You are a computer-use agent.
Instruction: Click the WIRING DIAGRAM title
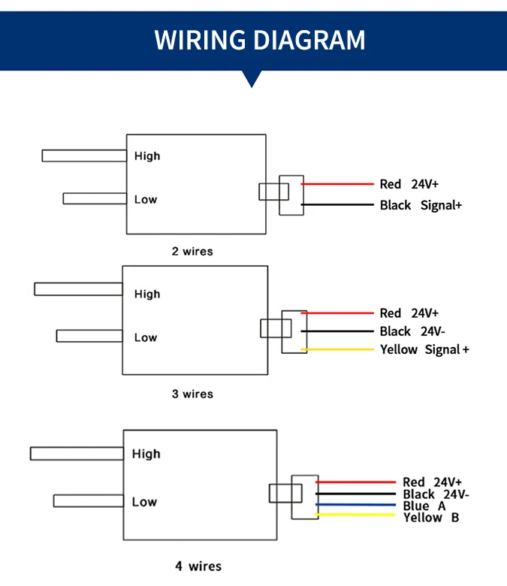click(x=260, y=40)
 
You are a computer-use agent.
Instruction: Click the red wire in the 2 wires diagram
click(x=337, y=184)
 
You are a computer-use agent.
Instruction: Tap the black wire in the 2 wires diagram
click(x=337, y=205)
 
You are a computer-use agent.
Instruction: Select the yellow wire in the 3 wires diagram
click(x=337, y=349)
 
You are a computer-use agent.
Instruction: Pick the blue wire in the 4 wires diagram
click(x=356, y=506)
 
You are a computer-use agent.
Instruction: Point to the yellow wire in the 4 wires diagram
click(x=356, y=515)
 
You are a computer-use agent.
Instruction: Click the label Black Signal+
click(x=421, y=205)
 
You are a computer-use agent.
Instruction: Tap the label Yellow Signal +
click(x=424, y=349)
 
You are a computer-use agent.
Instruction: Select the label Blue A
click(x=424, y=506)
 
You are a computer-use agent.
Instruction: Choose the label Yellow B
click(x=431, y=517)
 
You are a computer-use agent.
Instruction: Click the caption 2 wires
click(x=192, y=251)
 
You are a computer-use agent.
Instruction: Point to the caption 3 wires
click(x=192, y=394)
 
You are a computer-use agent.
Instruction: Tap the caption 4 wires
click(x=199, y=566)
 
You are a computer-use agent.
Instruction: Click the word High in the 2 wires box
click(x=147, y=156)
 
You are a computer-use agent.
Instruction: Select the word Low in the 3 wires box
click(x=146, y=338)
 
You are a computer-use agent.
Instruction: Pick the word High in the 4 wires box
click(x=146, y=454)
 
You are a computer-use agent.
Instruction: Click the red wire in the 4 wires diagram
click(x=356, y=482)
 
